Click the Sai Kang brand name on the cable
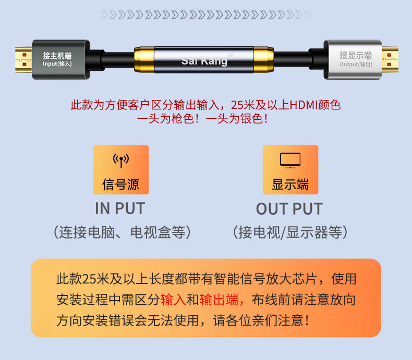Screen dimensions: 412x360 (x=204, y=61)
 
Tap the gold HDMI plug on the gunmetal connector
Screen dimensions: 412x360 (x=23, y=59)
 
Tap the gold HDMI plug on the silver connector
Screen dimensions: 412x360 (x=390, y=59)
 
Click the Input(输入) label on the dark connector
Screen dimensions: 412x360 (x=57, y=64)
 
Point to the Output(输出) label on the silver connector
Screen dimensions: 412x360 (x=356, y=64)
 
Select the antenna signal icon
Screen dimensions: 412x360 (x=121, y=160)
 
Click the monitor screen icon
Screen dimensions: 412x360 (x=290, y=160)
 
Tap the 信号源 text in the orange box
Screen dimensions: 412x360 (x=120, y=184)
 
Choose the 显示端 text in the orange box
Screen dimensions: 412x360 (x=290, y=184)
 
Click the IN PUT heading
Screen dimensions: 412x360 (x=120, y=208)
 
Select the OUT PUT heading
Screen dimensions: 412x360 (x=289, y=209)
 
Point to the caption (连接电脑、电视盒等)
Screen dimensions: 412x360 (x=122, y=232)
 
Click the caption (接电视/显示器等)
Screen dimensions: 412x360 (x=290, y=232)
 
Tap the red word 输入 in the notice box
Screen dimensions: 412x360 (x=173, y=300)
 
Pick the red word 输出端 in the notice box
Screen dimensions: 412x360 (x=219, y=300)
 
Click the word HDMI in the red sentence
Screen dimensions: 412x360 (x=304, y=105)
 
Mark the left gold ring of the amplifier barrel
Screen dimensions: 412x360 (x=144, y=60)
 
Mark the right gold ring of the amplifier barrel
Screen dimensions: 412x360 (x=263, y=60)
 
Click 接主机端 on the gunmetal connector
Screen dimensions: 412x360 (x=57, y=56)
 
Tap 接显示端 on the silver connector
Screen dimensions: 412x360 (x=356, y=55)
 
